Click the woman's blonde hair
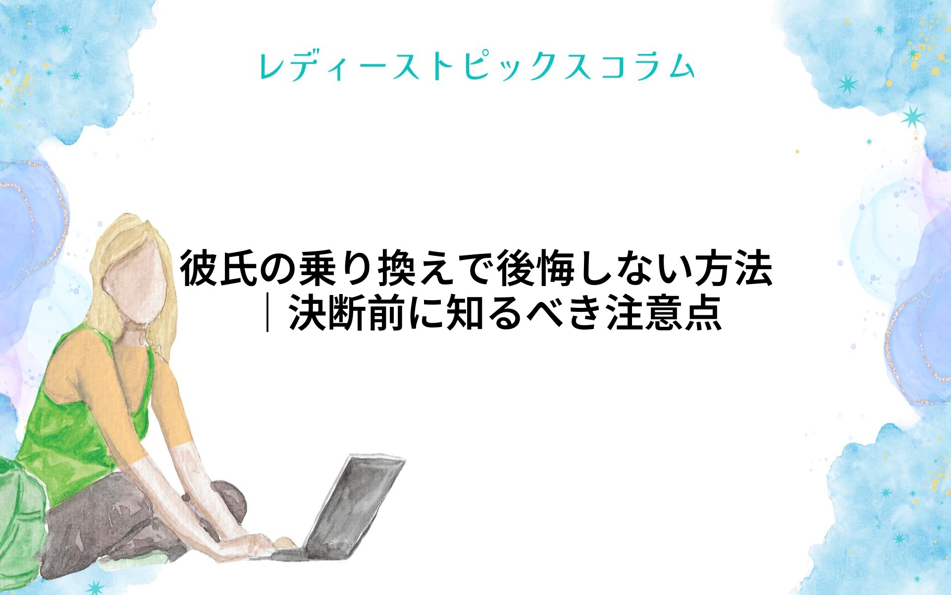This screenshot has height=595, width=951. pos(119,278)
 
